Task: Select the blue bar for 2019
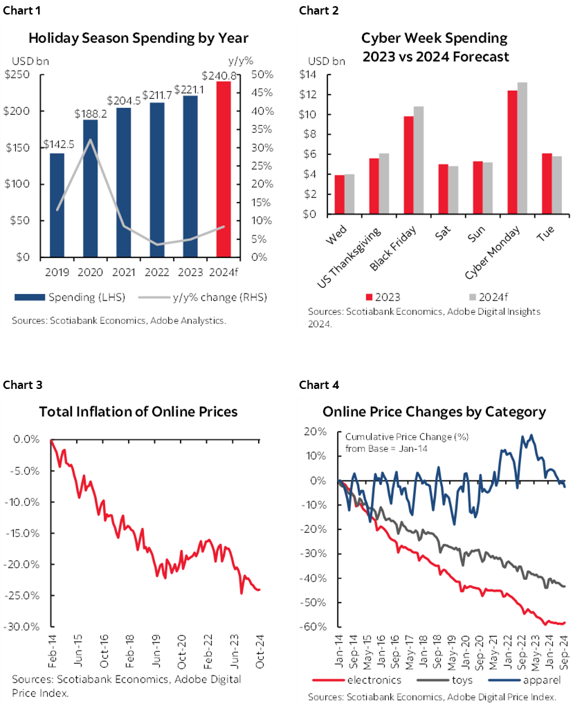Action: (x=57, y=205)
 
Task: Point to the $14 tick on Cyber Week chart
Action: (x=308, y=74)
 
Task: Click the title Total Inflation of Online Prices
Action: (x=138, y=412)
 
